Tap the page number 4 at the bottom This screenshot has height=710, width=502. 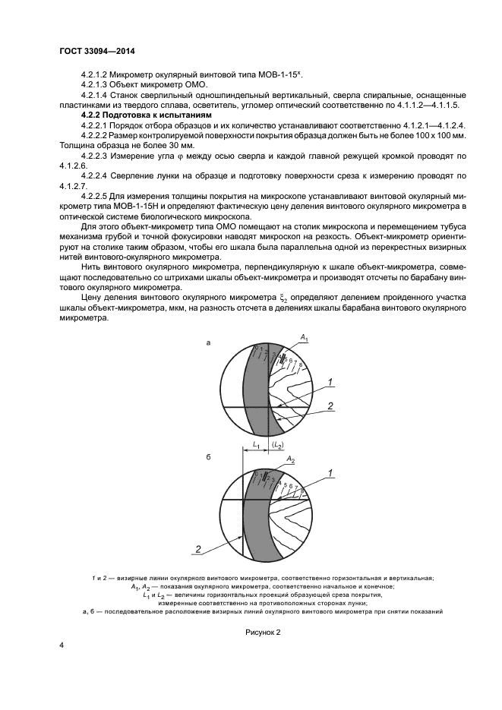61,645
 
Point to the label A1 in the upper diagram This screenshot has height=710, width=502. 304,336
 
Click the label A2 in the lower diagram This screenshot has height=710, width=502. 291,460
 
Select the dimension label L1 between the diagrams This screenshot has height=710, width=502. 257,445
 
